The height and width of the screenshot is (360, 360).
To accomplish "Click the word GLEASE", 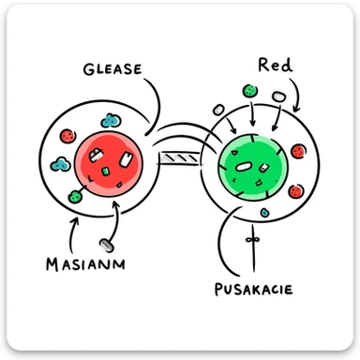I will pos(112,68).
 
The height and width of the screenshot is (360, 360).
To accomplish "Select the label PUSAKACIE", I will pos(252,288).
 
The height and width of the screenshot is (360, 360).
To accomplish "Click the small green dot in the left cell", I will pos(75,196).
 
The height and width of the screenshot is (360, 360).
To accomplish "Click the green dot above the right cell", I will pos(250,92).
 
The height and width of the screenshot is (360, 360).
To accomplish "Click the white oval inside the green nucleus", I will pos(243,167).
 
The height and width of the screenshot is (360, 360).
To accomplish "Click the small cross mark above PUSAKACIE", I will pos(251,241).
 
